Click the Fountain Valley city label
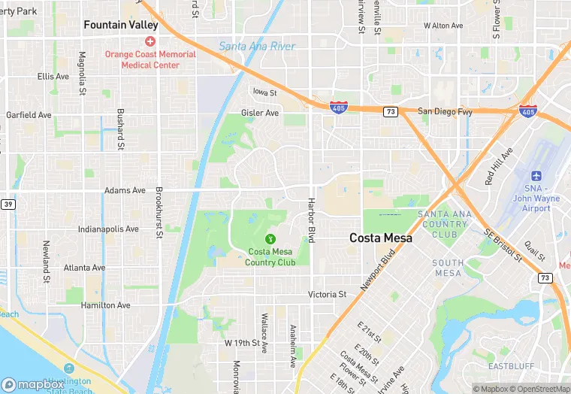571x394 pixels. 121,25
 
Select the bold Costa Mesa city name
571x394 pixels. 381,238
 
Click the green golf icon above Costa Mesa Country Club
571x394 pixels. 270,238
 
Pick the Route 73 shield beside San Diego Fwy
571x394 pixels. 391,111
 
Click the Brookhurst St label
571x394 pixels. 159,213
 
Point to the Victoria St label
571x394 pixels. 327,295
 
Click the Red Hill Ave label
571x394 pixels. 498,166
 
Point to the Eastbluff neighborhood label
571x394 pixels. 510,366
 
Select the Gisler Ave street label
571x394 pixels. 260,113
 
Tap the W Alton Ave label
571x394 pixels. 443,25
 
